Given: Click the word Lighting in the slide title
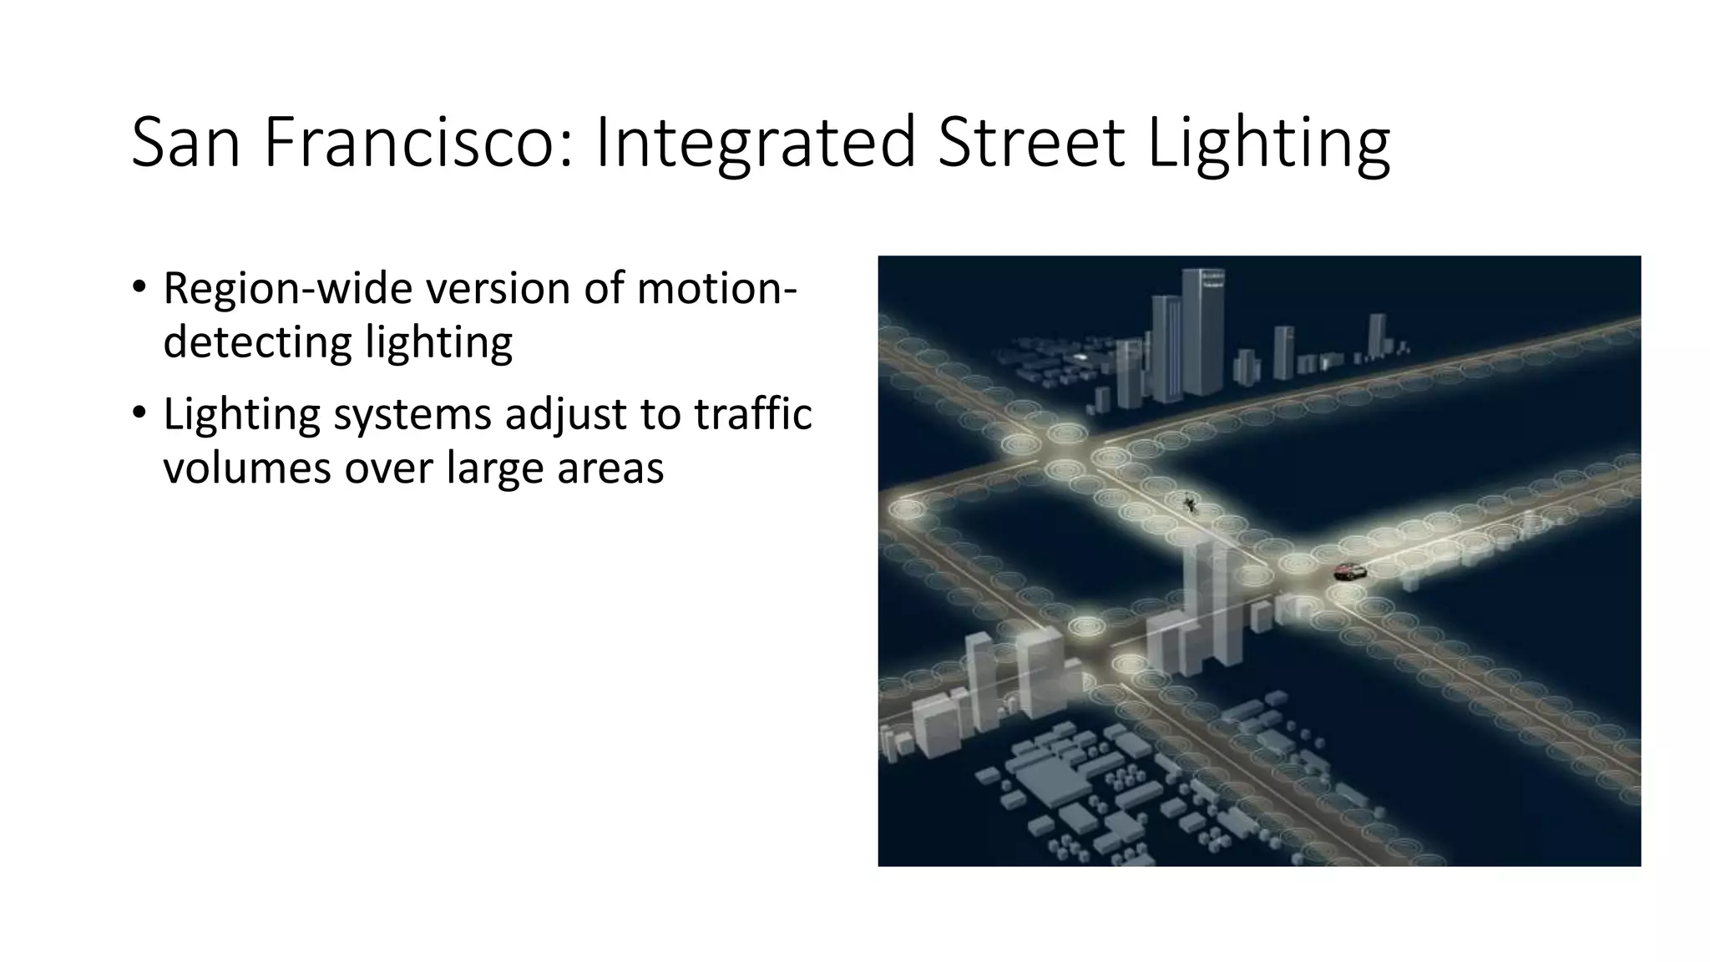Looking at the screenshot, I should (1268, 144).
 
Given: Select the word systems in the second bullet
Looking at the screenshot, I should (408, 414).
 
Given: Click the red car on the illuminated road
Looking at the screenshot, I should (1349, 572).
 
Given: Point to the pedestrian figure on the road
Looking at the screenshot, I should (1188, 503).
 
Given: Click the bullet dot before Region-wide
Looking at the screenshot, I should (139, 287).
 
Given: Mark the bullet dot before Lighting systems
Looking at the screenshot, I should (139, 413).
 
